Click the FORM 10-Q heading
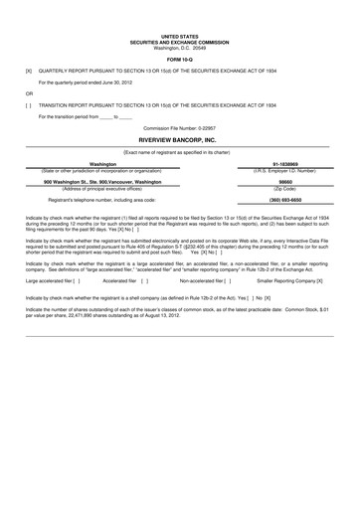(x=180, y=58)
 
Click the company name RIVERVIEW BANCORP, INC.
(x=180, y=139)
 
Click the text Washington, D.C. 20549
(x=180, y=47)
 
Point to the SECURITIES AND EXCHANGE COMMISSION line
(x=180, y=41)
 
